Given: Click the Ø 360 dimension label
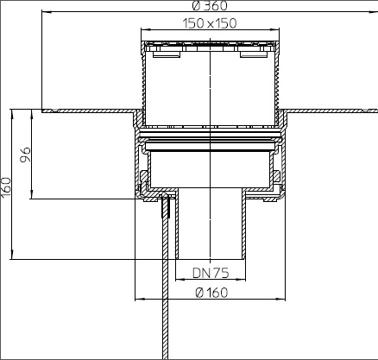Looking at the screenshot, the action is pos(210,6).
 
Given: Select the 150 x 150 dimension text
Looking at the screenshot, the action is pos(210,23).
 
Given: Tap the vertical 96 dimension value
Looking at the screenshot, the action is pos(25,155).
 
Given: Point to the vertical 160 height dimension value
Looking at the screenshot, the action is pos(5,187).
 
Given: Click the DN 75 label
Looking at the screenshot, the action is pos(211,273).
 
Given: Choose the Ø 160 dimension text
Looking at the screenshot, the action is pos(211,293).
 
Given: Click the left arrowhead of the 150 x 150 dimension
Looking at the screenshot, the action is pos(145,29).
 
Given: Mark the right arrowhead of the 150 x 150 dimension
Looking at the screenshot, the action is pos(275,29).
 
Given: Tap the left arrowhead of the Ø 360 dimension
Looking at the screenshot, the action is pos(47,12).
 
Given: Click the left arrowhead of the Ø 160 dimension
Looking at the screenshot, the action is pos(139,300).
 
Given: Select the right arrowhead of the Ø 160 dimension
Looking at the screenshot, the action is pos(281,300).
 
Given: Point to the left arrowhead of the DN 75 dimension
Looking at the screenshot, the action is pos(180,279).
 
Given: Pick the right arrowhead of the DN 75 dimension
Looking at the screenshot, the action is pos(242,279).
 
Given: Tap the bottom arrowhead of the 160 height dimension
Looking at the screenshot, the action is pos(12,255).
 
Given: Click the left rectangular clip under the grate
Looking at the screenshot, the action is pos(167,54).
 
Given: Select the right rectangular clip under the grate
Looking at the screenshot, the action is pos(254,54).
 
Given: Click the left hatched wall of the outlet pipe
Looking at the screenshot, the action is pos(177,224).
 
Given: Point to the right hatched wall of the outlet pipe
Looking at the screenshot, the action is pos(243,224).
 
